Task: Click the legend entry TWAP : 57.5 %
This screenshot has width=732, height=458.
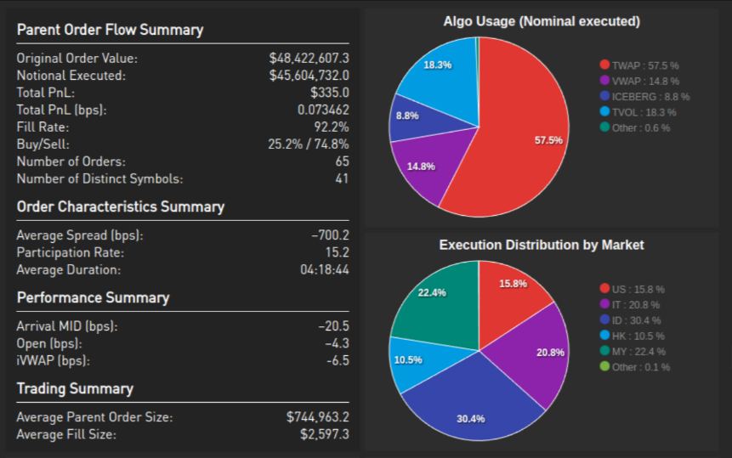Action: (639, 65)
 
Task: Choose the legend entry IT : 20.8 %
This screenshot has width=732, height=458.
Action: (630, 304)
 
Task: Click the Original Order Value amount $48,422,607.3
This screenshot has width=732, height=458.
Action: (309, 59)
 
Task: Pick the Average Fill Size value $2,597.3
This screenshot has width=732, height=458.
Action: (324, 434)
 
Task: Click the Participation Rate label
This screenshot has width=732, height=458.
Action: (70, 252)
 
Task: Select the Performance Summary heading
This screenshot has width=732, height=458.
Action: (93, 297)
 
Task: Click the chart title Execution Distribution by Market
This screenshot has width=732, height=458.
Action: (541, 245)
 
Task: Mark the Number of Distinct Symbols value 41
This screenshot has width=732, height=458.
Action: (342, 178)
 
